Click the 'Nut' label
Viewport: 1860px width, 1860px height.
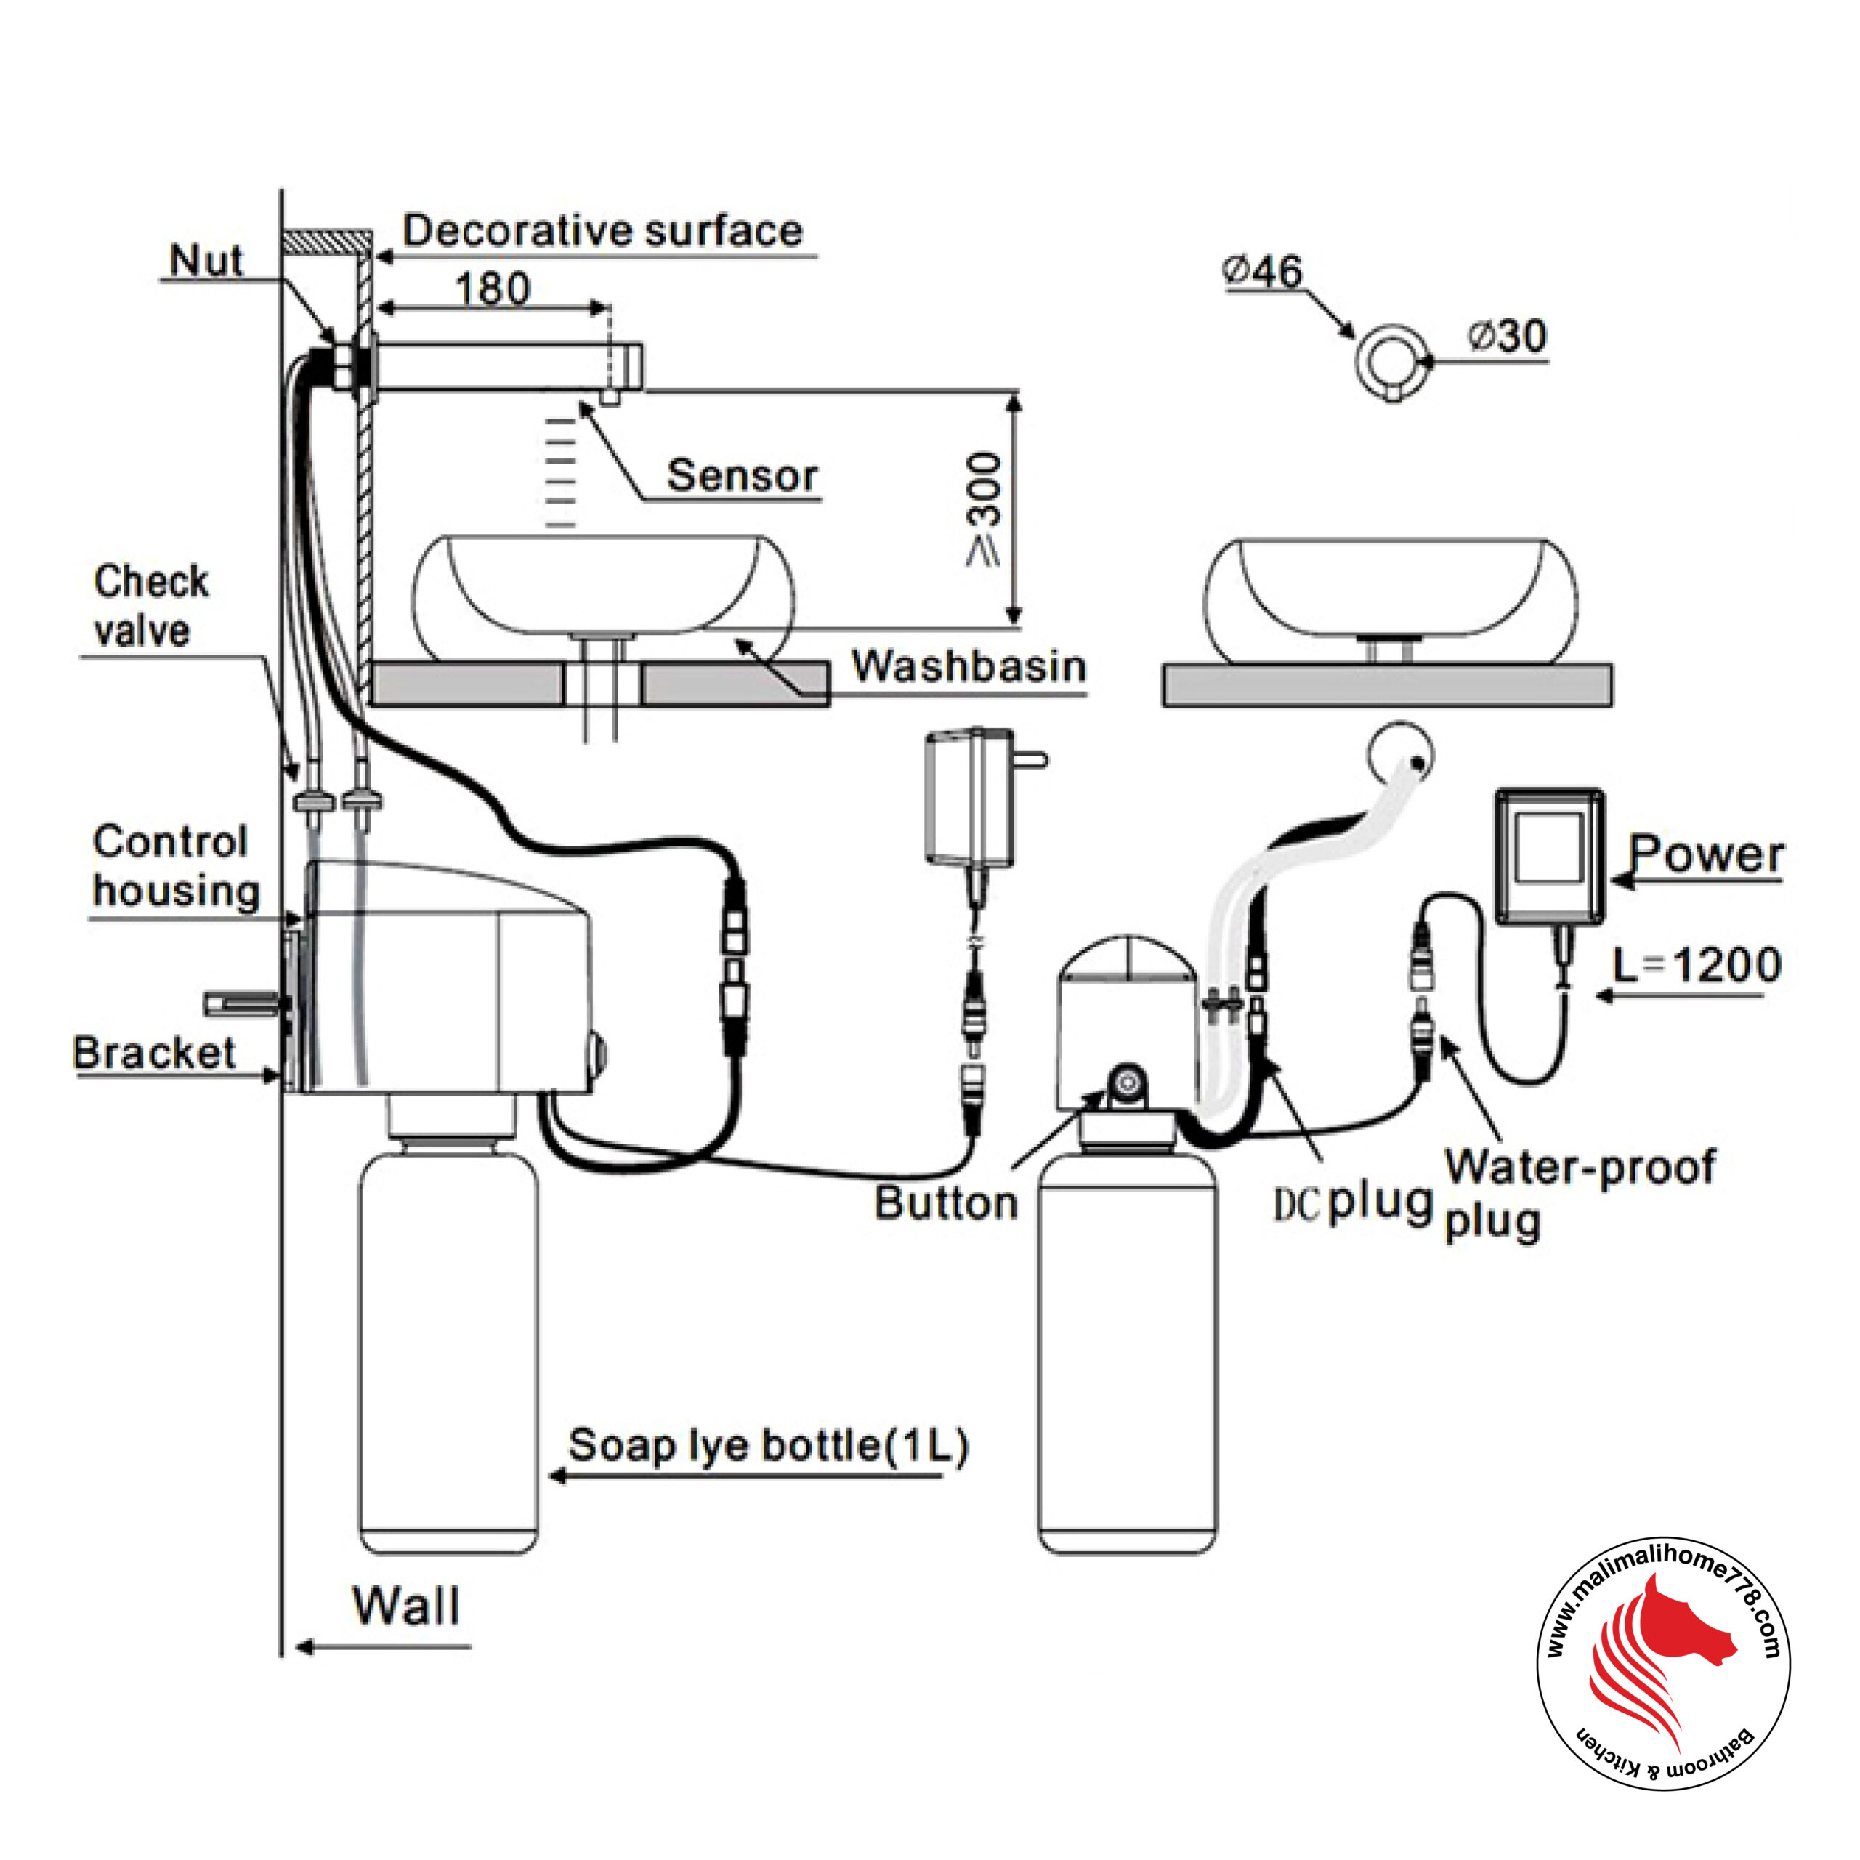206,260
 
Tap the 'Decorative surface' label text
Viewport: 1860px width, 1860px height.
602,231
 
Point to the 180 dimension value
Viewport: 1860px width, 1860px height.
492,289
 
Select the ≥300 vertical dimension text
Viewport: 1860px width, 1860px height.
984,509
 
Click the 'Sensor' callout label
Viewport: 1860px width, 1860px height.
743,476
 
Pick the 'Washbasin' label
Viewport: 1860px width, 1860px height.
969,666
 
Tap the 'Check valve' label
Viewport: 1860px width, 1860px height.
151,605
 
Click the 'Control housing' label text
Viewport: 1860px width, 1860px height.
176,865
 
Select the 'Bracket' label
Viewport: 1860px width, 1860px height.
154,1052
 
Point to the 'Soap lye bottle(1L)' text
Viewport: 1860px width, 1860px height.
768,1445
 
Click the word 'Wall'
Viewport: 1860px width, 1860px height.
406,1605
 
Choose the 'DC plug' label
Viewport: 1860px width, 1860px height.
1353,1203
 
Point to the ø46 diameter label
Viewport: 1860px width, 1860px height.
1262,272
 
